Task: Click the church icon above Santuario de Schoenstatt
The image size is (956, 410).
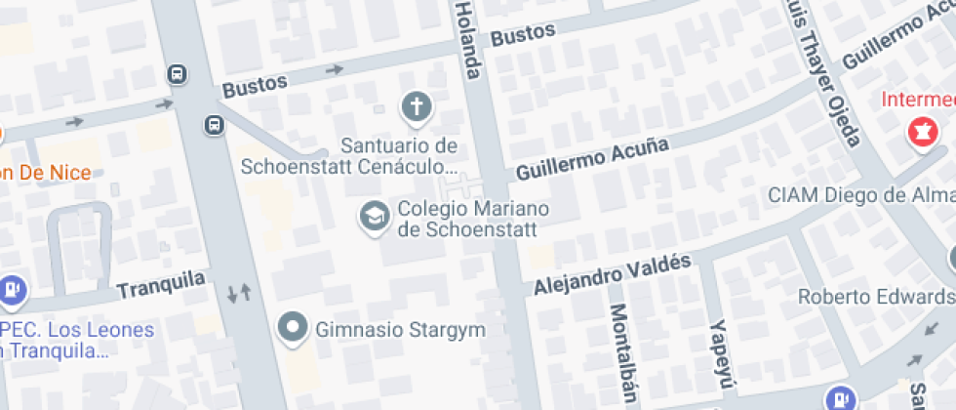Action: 417,107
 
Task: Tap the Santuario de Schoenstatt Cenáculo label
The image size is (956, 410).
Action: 399,155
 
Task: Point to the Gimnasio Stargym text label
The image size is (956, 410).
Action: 400,330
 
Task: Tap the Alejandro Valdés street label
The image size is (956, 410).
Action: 613,274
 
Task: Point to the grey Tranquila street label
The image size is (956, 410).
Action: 162,285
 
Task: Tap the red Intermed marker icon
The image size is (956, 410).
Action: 919,132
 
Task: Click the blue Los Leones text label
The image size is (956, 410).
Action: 78,330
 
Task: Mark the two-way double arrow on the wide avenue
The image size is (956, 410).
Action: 239,291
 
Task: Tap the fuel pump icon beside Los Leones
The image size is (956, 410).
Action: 13,289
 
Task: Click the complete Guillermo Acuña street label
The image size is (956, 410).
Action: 593,159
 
